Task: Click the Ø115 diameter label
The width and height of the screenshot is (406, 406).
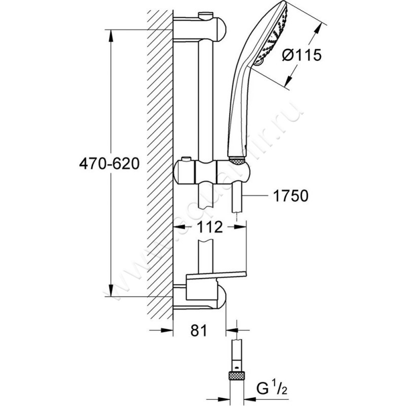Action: pos(301,55)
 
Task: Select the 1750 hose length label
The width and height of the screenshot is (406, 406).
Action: pos(290,196)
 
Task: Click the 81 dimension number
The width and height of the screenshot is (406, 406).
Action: pos(199,331)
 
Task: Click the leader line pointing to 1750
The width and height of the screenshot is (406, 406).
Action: pos(256,196)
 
